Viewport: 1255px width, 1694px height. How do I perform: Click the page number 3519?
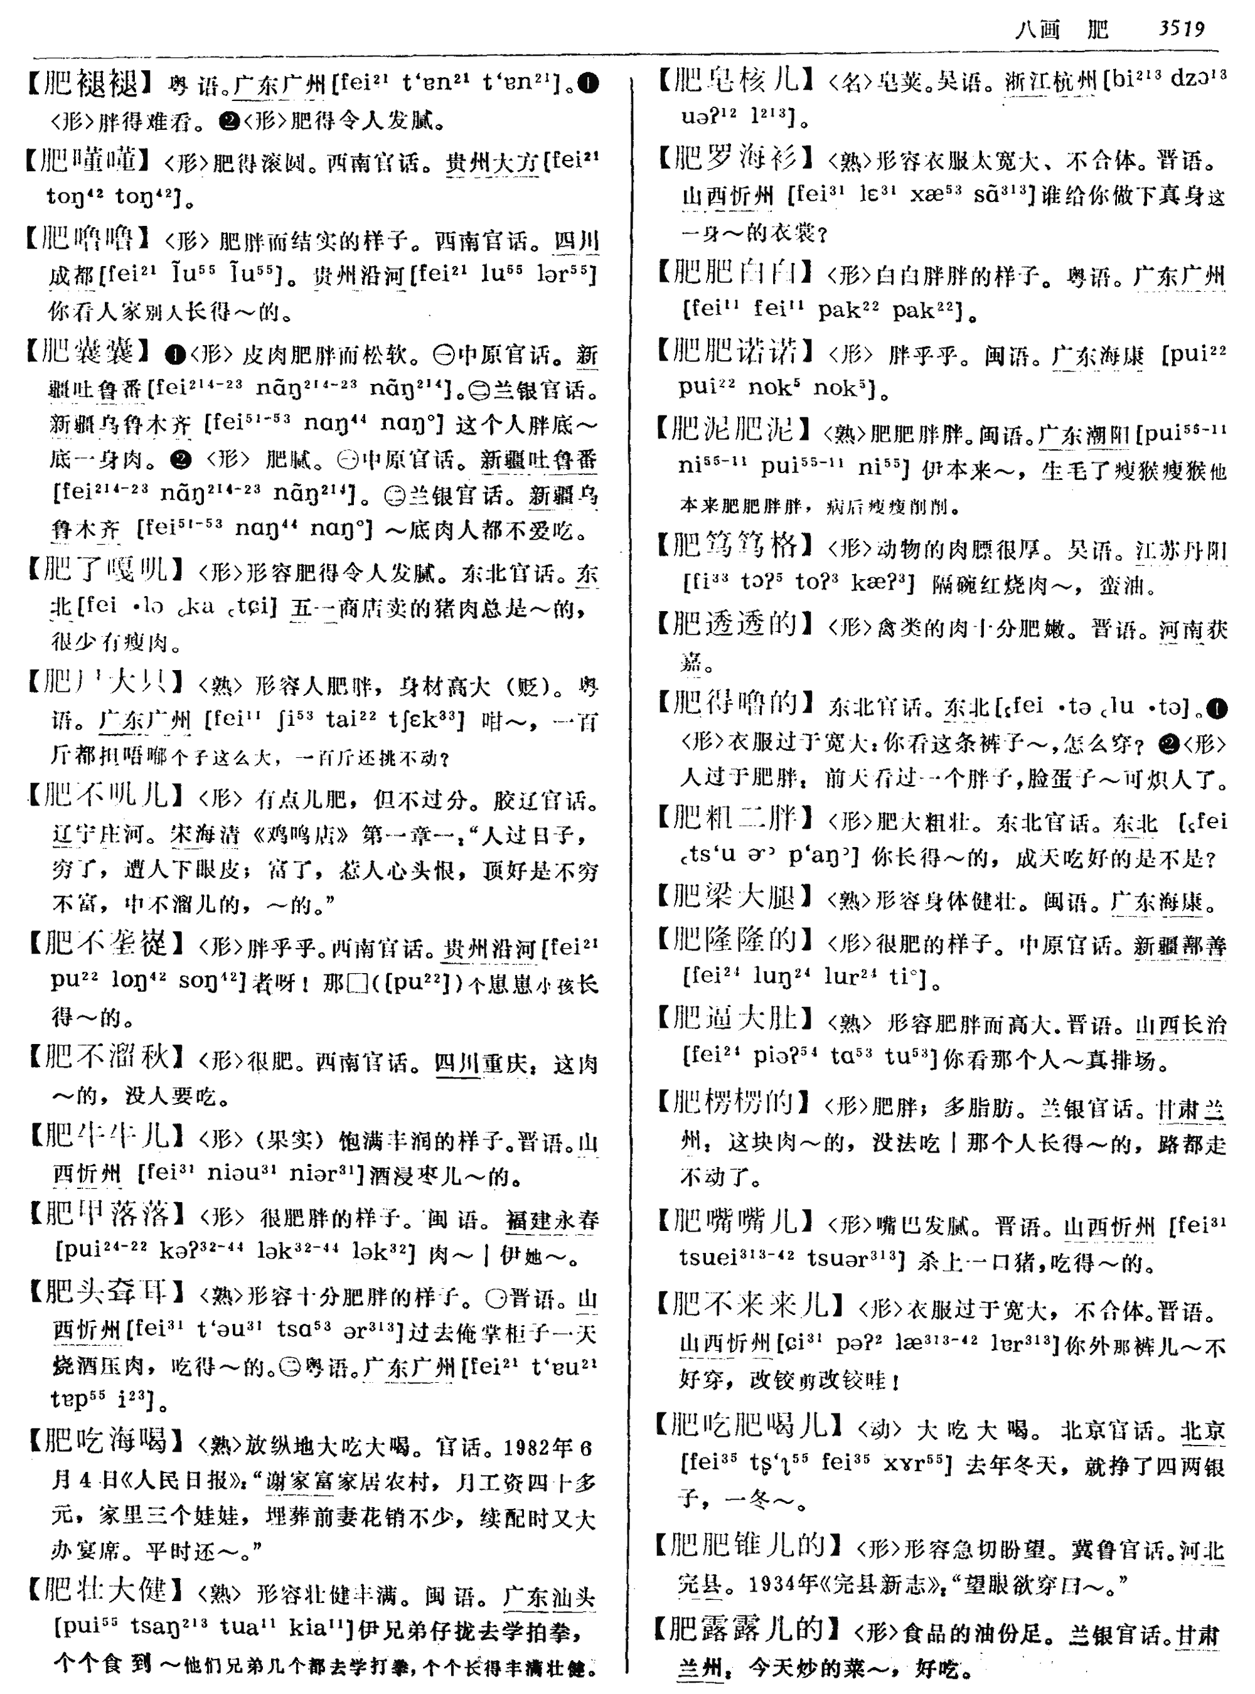(1182, 29)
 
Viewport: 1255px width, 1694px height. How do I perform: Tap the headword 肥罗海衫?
(734, 158)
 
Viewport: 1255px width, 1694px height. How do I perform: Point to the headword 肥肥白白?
(734, 272)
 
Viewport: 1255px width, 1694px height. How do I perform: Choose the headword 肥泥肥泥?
(732, 430)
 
